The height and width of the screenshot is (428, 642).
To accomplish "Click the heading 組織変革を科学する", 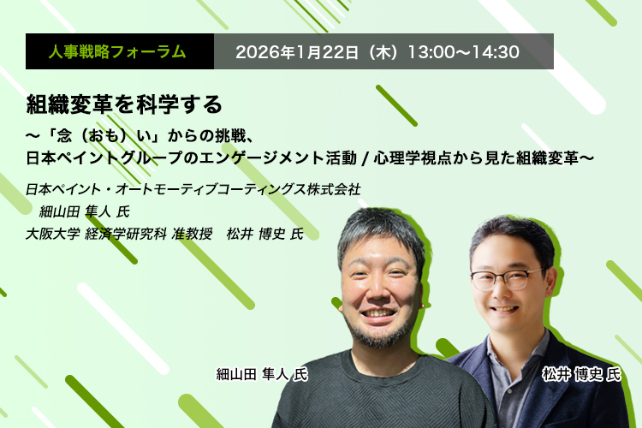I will tap(124, 104).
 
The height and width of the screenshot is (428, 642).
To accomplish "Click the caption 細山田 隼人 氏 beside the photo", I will tap(262, 374).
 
